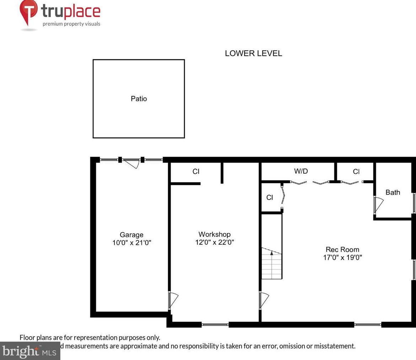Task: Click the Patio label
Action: pos(139,99)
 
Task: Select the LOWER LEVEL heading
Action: pos(253,53)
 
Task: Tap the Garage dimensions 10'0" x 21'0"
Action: pos(131,243)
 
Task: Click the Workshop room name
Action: pos(214,234)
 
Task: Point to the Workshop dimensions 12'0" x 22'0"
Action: pos(214,242)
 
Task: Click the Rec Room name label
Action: pos(342,249)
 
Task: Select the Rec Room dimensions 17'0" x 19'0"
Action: pos(342,257)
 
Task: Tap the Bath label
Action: pos(393,192)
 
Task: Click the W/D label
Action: pos(301,171)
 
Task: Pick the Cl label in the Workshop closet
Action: pos(196,171)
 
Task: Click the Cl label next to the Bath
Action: pos(356,172)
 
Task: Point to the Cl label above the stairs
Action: pos(270,197)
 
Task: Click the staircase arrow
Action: pos(271,253)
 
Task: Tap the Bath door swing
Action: pos(378,205)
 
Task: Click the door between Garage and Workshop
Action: pos(173,300)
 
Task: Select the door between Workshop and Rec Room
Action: pos(264,300)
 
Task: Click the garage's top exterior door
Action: pos(131,163)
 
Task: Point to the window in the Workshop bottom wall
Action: pos(215,324)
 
